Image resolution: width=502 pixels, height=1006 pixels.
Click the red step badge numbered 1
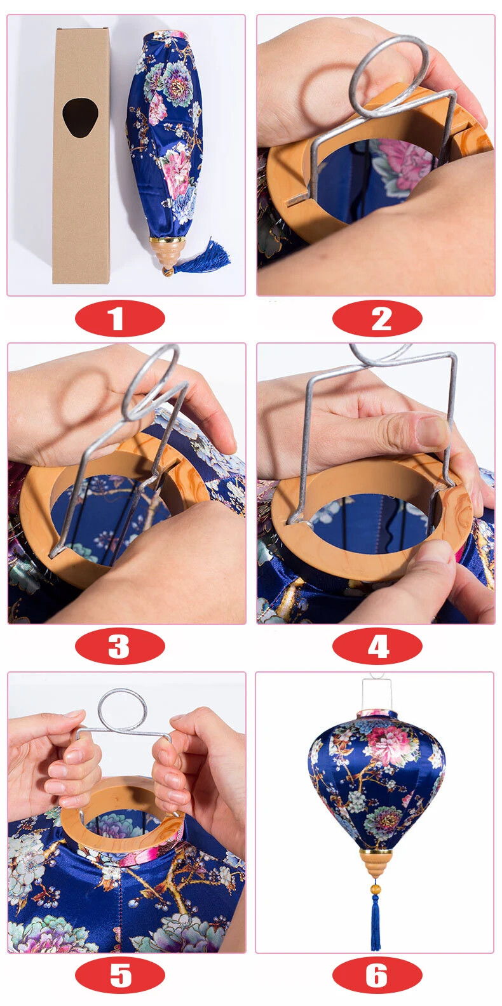point(120,318)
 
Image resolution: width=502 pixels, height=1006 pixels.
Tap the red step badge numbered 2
point(377,318)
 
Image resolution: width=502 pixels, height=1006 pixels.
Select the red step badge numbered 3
point(120,647)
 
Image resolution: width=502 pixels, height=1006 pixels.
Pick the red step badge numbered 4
point(377,647)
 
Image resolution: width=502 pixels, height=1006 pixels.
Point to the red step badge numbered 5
point(120,976)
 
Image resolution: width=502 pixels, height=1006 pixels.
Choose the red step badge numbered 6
point(377,976)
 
